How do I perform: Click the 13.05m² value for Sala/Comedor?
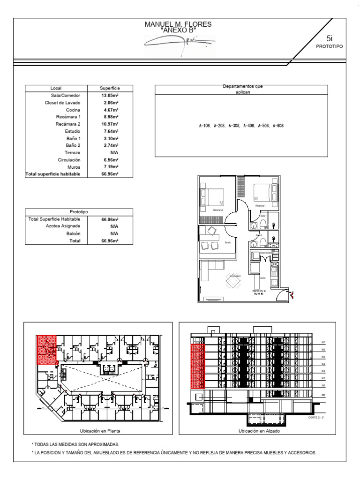(x=111, y=95)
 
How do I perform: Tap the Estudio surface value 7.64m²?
(x=111, y=131)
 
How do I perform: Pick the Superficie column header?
(x=110, y=88)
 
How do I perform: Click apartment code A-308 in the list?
(x=234, y=126)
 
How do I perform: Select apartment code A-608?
(x=277, y=126)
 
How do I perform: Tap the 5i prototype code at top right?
(x=330, y=39)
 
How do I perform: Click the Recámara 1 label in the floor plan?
(x=261, y=206)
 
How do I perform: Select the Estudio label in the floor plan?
(x=228, y=242)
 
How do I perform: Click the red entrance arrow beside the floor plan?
(x=292, y=295)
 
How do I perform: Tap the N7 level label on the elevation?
(x=323, y=343)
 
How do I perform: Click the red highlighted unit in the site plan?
(x=47, y=349)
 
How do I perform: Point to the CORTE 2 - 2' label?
(x=317, y=417)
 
